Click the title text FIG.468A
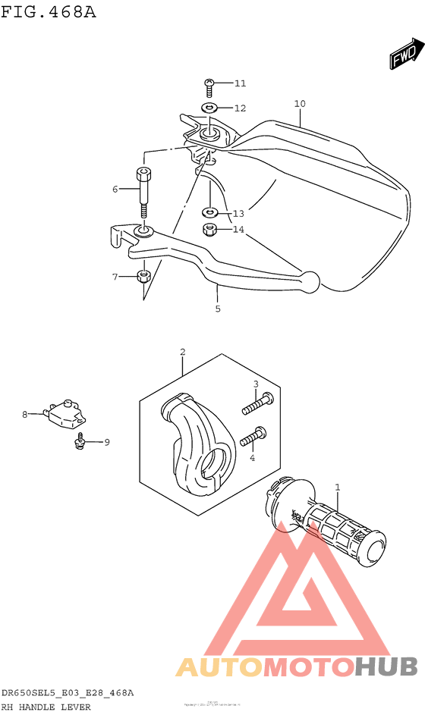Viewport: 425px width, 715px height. [x=49, y=11]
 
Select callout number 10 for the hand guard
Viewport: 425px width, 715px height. [x=300, y=104]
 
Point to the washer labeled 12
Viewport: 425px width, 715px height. [x=209, y=108]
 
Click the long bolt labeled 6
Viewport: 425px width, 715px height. [x=143, y=193]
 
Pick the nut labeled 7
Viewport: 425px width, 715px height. [x=143, y=277]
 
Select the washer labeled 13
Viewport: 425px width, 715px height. [x=209, y=213]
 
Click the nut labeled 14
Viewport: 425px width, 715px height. [x=209, y=229]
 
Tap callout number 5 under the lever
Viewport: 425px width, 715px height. [x=218, y=309]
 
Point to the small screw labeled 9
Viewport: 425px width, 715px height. [x=80, y=441]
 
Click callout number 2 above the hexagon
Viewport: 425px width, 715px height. [x=183, y=352]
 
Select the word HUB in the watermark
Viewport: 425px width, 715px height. [x=386, y=666]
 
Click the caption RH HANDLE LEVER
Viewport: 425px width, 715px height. [x=46, y=707]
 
